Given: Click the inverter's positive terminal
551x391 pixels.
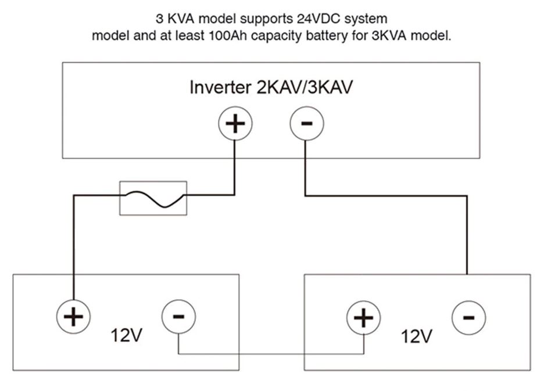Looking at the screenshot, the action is (235, 123).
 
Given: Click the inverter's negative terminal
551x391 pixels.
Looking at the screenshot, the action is (307, 123).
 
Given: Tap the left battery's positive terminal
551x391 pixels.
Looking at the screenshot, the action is (73, 317).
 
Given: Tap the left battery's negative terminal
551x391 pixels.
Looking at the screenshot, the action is (178, 317).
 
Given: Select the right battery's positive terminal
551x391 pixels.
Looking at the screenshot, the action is (364, 318).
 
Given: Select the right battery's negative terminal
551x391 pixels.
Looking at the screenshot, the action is (469, 318).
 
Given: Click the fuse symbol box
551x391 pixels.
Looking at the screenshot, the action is (153, 198).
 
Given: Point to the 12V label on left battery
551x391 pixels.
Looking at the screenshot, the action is (127, 335).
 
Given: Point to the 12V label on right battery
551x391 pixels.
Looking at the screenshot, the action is (416, 336).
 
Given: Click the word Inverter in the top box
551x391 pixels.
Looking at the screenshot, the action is (220, 87).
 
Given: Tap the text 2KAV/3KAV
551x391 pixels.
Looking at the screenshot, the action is (305, 87).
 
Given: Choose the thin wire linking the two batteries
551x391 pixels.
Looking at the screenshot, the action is (271, 354).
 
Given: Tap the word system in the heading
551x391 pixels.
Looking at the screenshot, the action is (366, 19).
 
